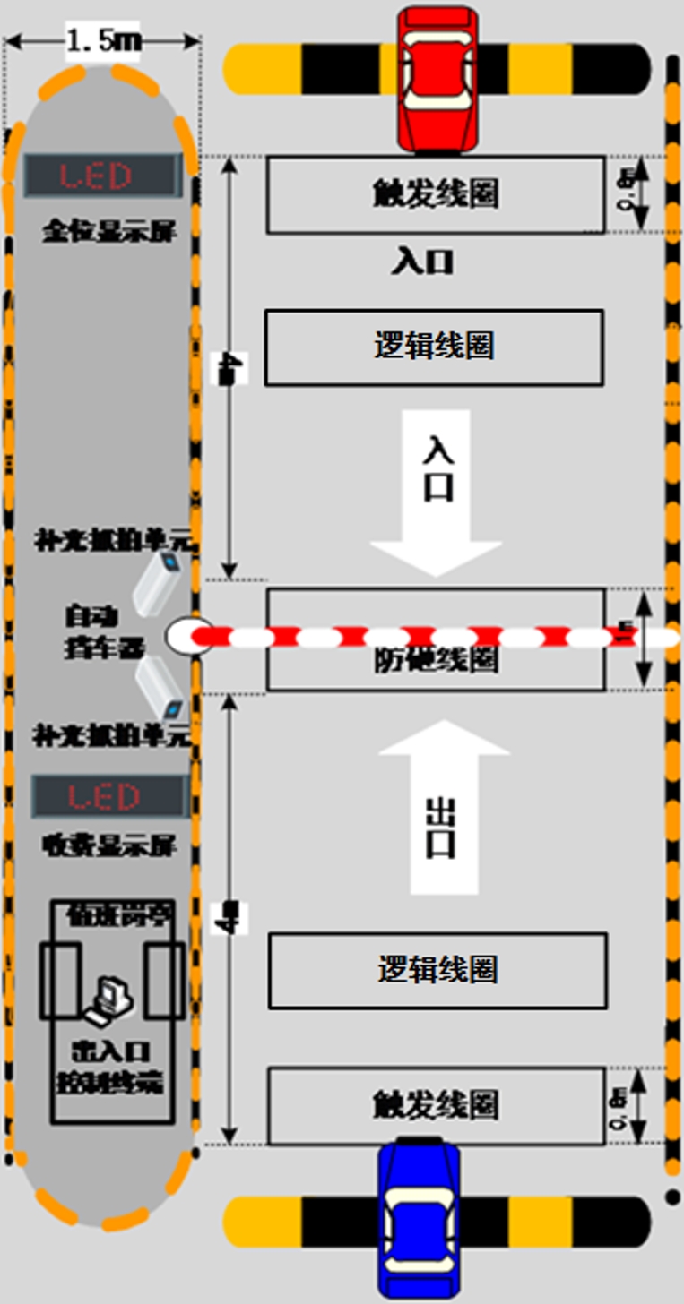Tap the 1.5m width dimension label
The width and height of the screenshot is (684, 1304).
(102, 41)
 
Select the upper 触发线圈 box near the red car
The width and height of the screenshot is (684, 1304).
(435, 194)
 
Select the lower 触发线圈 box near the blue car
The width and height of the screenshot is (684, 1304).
(436, 1104)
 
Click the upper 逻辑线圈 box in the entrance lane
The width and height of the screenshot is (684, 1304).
(433, 347)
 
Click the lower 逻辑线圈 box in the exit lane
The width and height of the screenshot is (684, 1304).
(437, 970)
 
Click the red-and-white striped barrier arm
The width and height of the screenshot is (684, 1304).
(421, 637)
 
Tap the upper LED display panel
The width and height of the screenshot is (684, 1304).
(101, 176)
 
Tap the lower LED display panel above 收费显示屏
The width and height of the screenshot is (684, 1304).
(109, 796)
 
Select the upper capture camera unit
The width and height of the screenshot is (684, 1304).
(160, 584)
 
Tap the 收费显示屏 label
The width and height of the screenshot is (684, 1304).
(108, 845)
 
